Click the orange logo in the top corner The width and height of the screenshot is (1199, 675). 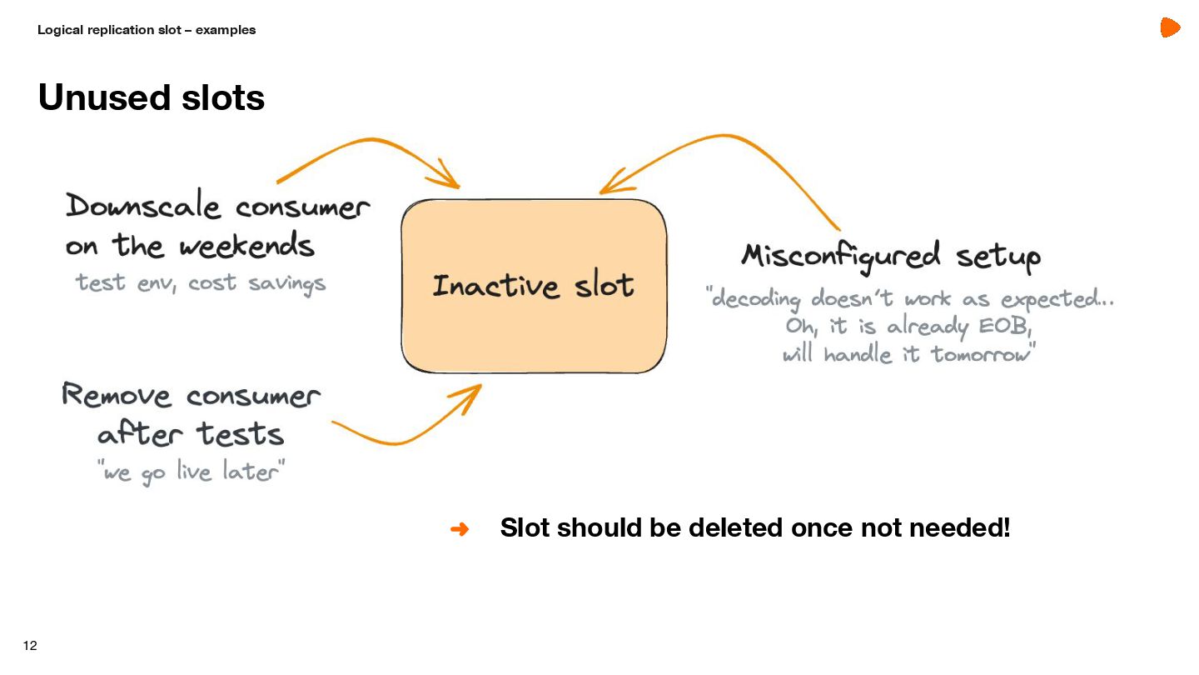tap(1170, 28)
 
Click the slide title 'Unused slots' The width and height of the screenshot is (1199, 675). tap(151, 97)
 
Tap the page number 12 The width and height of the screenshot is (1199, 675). tap(30, 646)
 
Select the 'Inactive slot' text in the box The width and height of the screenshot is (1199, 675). tap(533, 286)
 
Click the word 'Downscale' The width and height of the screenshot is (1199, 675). tap(143, 206)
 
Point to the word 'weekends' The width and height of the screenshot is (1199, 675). tap(247, 246)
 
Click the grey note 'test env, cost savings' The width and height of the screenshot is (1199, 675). tap(201, 283)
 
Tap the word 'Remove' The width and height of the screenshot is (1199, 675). tap(116, 394)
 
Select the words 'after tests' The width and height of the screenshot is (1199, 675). tap(191, 434)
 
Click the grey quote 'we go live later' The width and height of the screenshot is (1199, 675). tap(192, 472)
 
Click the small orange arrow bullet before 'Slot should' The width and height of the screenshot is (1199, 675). tap(460, 529)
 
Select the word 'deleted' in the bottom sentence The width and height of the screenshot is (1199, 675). tap(736, 528)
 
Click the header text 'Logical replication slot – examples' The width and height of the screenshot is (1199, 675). tap(147, 30)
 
